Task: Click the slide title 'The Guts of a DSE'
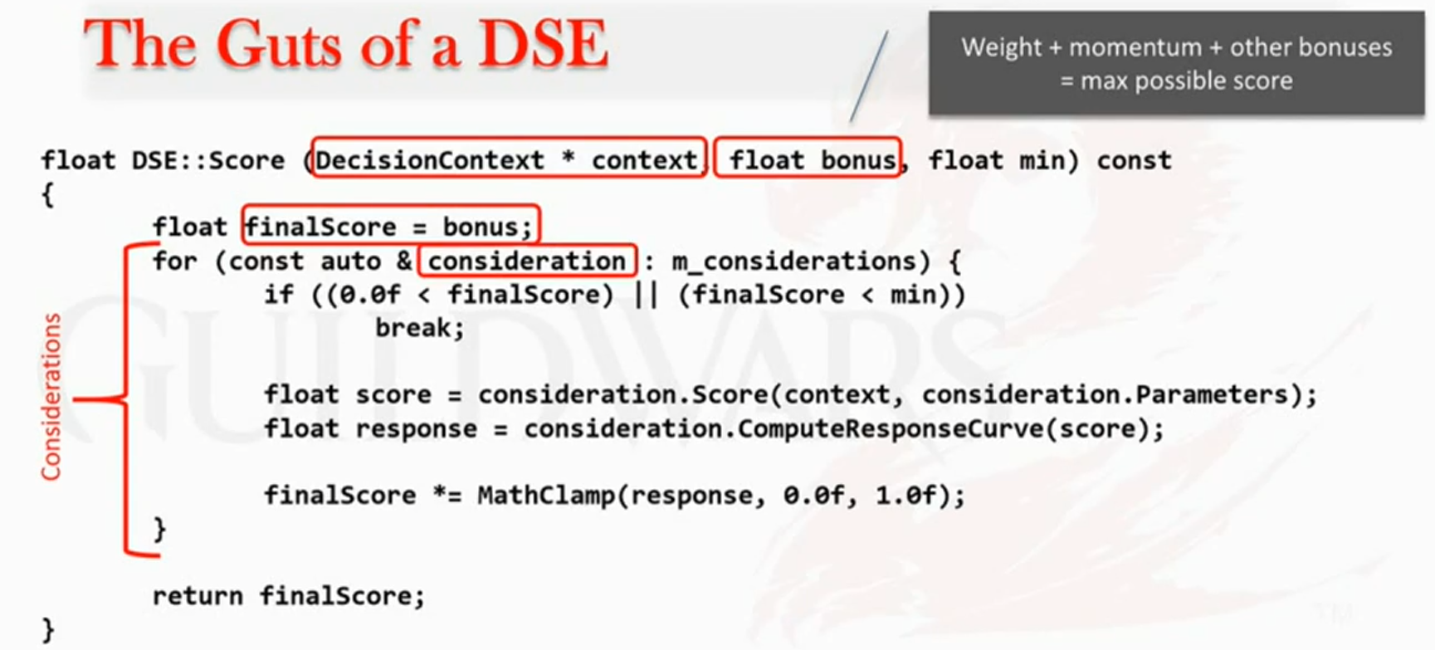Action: coord(346,44)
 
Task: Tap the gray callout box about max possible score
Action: coord(1176,63)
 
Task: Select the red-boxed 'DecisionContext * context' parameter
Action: coord(508,159)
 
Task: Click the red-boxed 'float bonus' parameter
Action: coord(808,159)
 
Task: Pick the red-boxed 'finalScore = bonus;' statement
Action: coord(391,226)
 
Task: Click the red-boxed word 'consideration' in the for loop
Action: coord(527,261)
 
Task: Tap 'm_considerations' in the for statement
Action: coord(794,261)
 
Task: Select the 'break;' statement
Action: coord(420,328)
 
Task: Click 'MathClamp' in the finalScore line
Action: coord(546,496)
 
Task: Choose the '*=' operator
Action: coord(447,496)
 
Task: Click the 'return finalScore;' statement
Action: coord(289,596)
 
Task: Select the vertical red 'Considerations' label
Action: coord(51,397)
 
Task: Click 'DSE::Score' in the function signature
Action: coord(207,159)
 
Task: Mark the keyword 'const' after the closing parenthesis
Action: coord(1134,160)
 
